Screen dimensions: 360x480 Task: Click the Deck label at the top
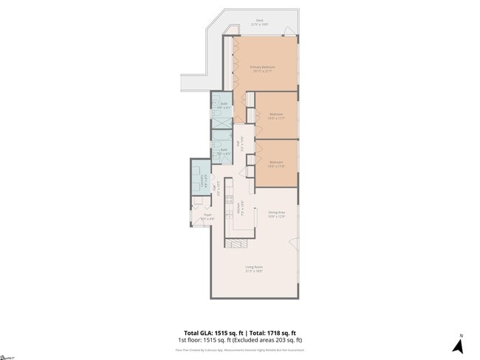(x=258, y=22)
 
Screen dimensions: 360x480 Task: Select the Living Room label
(x=253, y=268)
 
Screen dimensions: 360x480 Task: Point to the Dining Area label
(x=276, y=214)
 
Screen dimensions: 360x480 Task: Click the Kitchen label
(x=239, y=209)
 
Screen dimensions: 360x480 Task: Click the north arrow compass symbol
(x=458, y=344)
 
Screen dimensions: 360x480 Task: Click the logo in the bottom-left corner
(x=8, y=355)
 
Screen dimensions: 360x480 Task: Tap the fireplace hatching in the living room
(x=239, y=243)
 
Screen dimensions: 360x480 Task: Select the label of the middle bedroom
(x=276, y=115)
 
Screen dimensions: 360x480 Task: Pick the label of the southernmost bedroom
(x=276, y=164)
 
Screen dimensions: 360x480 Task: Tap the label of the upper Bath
(x=224, y=105)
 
